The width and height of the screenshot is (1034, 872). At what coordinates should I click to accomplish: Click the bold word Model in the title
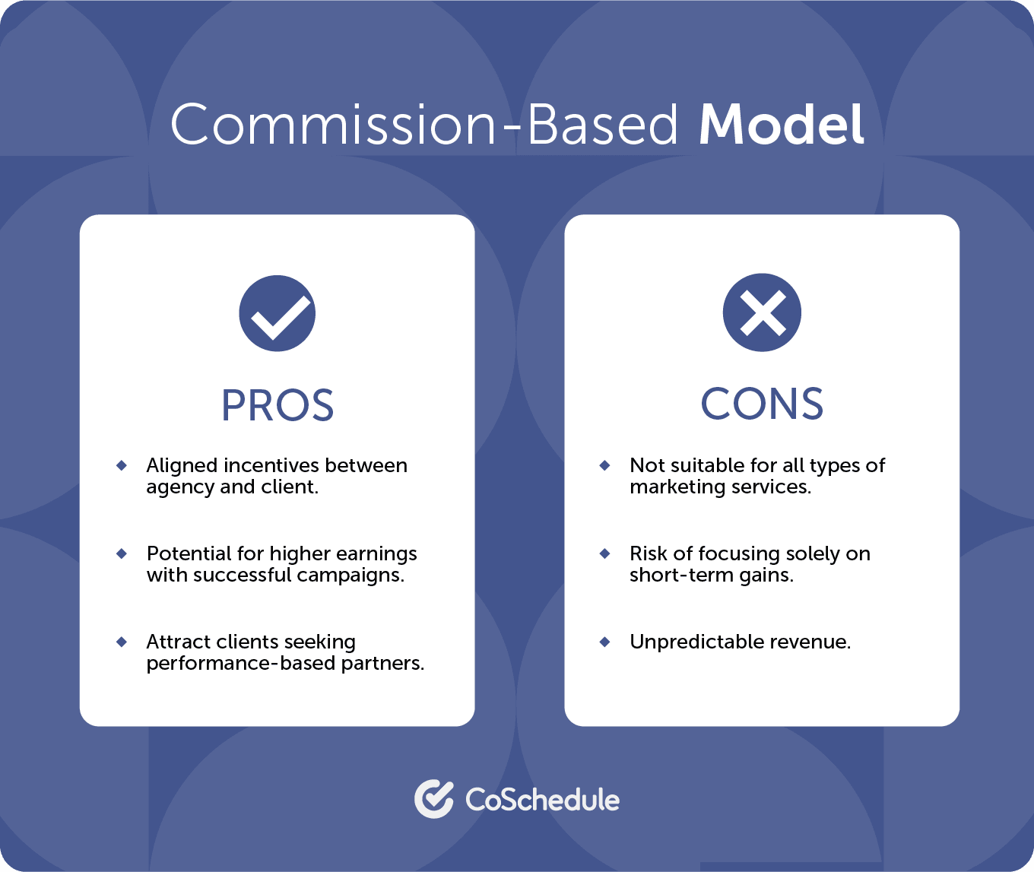click(x=781, y=125)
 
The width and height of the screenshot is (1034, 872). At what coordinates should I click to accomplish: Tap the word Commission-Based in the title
click(x=423, y=125)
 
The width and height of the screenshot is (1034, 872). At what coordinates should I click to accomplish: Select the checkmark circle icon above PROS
click(x=278, y=313)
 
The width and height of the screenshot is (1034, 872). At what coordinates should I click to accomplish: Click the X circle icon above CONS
click(x=762, y=312)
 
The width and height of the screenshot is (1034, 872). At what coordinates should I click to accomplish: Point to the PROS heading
click(x=278, y=405)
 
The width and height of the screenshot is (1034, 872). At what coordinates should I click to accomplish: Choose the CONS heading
click(x=762, y=404)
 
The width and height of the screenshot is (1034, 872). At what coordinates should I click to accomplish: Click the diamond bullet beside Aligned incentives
click(x=122, y=465)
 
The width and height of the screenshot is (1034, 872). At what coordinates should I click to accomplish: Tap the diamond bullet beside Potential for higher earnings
click(x=122, y=553)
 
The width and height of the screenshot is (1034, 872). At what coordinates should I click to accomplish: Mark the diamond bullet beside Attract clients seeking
click(x=122, y=642)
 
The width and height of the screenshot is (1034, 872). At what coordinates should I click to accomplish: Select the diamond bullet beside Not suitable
click(x=605, y=465)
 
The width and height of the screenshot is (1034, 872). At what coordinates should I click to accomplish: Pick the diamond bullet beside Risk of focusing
click(x=605, y=553)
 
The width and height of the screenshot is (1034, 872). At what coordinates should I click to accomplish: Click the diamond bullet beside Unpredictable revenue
click(x=605, y=642)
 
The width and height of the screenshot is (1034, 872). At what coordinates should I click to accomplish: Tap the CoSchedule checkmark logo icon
click(x=433, y=799)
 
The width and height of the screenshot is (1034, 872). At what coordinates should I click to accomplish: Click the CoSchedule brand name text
click(x=542, y=800)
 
